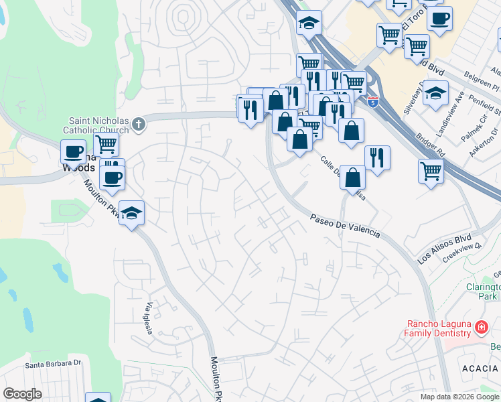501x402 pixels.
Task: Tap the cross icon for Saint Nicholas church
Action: coord(139,123)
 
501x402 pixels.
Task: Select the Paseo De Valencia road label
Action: coord(346,226)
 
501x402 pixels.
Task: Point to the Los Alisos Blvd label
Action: coord(444,249)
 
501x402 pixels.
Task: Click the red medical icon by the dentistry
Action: coord(481,328)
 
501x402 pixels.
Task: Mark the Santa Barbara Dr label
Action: coord(53,364)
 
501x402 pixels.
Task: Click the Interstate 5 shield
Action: coord(373,103)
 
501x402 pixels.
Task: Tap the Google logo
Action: coord(23,394)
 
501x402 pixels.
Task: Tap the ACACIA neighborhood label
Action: coord(480,368)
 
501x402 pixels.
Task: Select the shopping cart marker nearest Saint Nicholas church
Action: coord(106,143)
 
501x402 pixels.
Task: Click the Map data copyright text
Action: coord(459,397)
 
